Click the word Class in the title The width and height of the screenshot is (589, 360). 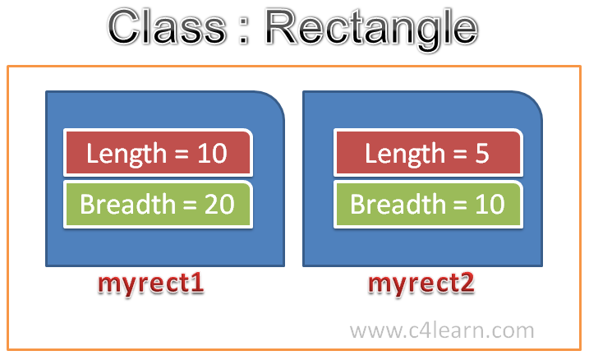tap(167, 27)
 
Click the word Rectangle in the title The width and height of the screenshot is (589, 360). tap(372, 30)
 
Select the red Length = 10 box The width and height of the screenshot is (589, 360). tap(159, 153)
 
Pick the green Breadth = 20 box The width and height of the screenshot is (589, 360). tap(159, 205)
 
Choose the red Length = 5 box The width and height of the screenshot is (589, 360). tap(428, 153)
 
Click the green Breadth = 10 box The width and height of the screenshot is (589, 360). tap(428, 205)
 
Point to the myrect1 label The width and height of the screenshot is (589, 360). tap(150, 284)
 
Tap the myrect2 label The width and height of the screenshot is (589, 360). tap(421, 284)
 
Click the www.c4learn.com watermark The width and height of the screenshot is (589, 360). tap(442, 330)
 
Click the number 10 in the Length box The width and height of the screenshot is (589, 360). tap(213, 154)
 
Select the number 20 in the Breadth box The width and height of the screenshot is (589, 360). tap(219, 205)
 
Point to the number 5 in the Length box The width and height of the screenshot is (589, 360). tap(482, 154)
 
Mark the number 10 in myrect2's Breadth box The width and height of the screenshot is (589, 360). tap(490, 205)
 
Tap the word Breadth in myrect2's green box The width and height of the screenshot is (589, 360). tap(398, 204)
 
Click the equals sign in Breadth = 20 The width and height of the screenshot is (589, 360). tap(190, 205)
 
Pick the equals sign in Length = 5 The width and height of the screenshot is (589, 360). tap(460, 154)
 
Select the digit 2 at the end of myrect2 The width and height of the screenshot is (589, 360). tap(467, 283)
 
